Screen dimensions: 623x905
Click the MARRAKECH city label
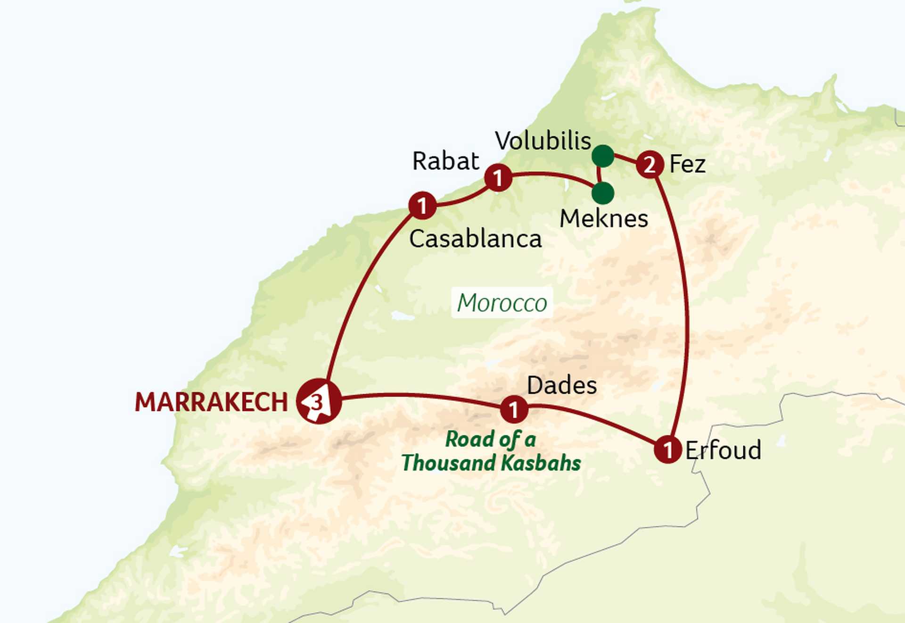coord(211,402)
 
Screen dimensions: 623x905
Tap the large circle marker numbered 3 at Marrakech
coord(319,401)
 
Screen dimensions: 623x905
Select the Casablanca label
coord(475,239)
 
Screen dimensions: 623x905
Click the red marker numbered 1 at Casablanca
coord(422,205)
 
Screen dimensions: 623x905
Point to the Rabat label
coord(445,161)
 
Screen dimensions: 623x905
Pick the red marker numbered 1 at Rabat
coord(498,178)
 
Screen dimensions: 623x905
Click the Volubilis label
coord(543,141)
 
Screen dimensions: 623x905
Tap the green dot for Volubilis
coord(603,156)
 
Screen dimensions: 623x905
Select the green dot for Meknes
coord(603,193)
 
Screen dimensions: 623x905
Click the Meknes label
coord(603,218)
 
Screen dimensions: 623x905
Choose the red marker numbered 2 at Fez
coord(650,165)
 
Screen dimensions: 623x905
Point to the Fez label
coord(687,164)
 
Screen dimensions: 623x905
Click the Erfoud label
coord(723,450)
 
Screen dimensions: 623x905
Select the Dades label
coord(561,385)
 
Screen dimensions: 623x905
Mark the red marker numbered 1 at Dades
coord(514,409)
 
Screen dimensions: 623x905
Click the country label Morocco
coord(502,303)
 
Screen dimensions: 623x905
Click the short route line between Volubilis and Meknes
coord(599,174)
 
